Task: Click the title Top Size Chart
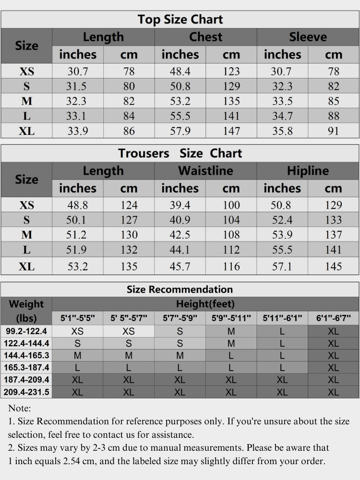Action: [180, 20]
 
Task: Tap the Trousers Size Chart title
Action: [180, 154]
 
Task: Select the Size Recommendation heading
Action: [180, 289]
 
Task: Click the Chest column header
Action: [205, 37]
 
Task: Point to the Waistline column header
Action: [205, 171]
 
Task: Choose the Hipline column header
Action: [308, 171]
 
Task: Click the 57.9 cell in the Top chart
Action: [180, 131]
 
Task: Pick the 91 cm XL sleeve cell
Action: [333, 131]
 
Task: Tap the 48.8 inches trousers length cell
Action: [78, 205]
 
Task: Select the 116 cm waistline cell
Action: [231, 266]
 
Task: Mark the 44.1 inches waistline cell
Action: [180, 250]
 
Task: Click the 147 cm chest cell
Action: [231, 131]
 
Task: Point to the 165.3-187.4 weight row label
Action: [26, 368]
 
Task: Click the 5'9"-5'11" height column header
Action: [231, 318]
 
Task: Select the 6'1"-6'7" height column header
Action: [333, 318]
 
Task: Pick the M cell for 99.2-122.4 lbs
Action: [231, 331]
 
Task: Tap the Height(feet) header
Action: [205, 304]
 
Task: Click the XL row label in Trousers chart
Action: [26, 266]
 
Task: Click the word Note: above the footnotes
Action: [19, 408]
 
